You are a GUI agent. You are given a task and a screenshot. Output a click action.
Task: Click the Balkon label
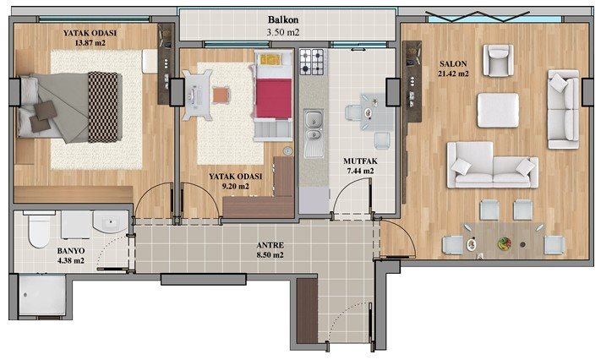pyautogui.click(x=283, y=19)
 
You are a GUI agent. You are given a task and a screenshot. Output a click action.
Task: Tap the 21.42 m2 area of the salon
pyautogui.click(x=453, y=74)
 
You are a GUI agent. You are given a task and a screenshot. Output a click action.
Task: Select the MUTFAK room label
pyautogui.click(x=360, y=161)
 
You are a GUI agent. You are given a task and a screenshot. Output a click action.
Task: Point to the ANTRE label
pyautogui.click(x=270, y=245)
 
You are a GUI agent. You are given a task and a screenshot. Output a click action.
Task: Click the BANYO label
pyautogui.click(x=71, y=251)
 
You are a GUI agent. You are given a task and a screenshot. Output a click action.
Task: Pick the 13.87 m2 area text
pyautogui.click(x=90, y=43)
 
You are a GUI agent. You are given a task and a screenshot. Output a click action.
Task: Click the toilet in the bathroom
pyautogui.click(x=39, y=229)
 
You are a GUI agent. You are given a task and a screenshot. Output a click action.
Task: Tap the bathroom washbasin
pyautogui.click(x=111, y=221)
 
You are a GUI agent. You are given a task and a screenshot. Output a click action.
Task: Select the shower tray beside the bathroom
pyautogui.click(x=41, y=295)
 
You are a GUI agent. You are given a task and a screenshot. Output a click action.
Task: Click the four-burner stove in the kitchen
pyautogui.click(x=311, y=62)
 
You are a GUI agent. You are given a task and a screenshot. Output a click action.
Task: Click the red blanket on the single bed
pyautogui.click(x=274, y=98)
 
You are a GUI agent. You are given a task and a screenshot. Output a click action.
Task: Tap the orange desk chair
pyautogui.click(x=221, y=95)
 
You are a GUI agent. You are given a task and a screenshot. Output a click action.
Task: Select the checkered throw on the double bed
pyautogui.click(x=103, y=107)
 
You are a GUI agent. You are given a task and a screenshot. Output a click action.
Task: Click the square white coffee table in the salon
pyautogui.click(x=498, y=110)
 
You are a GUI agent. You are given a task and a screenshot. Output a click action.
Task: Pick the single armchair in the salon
pyautogui.click(x=498, y=60)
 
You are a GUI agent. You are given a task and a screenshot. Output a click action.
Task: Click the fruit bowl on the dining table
pyautogui.click(x=505, y=243)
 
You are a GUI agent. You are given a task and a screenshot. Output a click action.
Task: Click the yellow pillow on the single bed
pyautogui.click(x=270, y=59)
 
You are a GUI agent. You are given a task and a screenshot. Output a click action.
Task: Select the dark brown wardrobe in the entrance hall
pyautogui.click(x=307, y=310)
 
